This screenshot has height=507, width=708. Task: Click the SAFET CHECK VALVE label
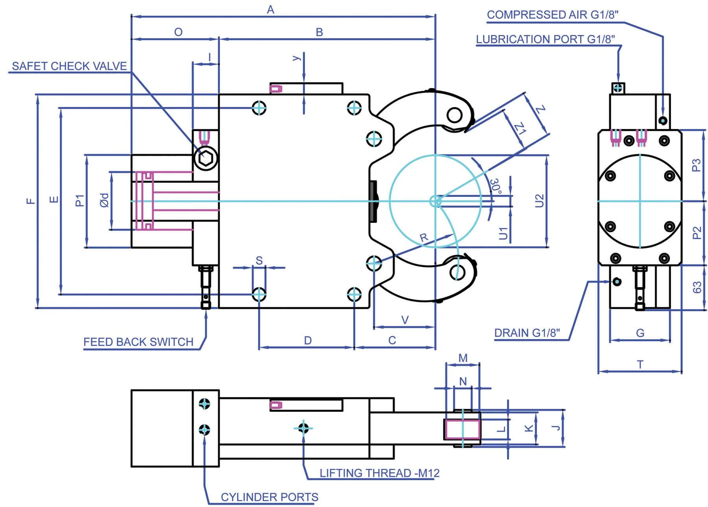(69, 66)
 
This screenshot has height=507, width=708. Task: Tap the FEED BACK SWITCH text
(138, 342)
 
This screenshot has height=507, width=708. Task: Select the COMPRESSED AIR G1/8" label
(553, 15)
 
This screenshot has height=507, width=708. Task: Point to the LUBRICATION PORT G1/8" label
(546, 39)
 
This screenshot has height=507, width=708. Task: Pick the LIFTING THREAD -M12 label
(380, 473)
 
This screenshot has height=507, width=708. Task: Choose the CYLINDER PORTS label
(269, 497)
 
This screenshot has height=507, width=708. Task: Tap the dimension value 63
(697, 287)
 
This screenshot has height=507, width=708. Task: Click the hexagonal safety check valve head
(206, 158)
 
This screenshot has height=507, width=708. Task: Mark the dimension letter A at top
(271, 9)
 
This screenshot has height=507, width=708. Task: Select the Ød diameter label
(104, 200)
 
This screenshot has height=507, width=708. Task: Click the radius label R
(424, 238)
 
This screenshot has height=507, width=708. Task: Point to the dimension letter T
(640, 365)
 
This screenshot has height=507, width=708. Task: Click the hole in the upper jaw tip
(455, 116)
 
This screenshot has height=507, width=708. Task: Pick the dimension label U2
(539, 201)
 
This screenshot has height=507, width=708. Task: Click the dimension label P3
(697, 165)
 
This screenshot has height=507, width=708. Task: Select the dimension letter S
(259, 261)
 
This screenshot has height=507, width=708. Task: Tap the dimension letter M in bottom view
(463, 358)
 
